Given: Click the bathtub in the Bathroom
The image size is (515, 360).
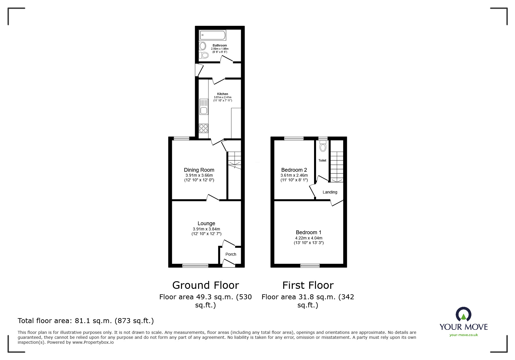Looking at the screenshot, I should click(212, 35).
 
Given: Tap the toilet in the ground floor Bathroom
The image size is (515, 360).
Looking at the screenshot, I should click(205, 55).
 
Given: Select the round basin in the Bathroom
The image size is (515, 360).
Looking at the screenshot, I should click(203, 46).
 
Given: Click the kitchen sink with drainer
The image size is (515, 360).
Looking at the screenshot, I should click(204, 107).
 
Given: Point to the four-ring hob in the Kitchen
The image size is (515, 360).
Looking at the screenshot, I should click(204, 128).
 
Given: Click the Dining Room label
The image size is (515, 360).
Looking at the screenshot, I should click(199, 170).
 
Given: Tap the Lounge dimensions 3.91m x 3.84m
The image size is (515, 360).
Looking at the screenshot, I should click(206, 229).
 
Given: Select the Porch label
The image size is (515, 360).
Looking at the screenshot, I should click(231, 254).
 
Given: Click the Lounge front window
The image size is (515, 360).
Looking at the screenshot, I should click(195, 265).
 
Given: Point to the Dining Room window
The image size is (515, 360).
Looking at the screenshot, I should click(181, 139).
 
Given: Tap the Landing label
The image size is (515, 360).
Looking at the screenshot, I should click(330, 192).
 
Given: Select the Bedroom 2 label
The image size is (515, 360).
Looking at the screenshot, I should click(294, 170).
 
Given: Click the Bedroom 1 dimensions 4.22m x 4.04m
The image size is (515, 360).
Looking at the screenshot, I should click(309, 238).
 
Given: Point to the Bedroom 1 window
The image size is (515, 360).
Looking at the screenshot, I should click(310, 265).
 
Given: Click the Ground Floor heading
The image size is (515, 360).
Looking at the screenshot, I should click(206, 285).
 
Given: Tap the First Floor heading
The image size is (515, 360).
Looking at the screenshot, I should click(308, 285).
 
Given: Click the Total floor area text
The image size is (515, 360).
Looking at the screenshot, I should click(86, 321).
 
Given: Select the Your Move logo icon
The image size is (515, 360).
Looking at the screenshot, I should click(463, 314).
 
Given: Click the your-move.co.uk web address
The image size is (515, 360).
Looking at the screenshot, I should click(464, 335).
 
